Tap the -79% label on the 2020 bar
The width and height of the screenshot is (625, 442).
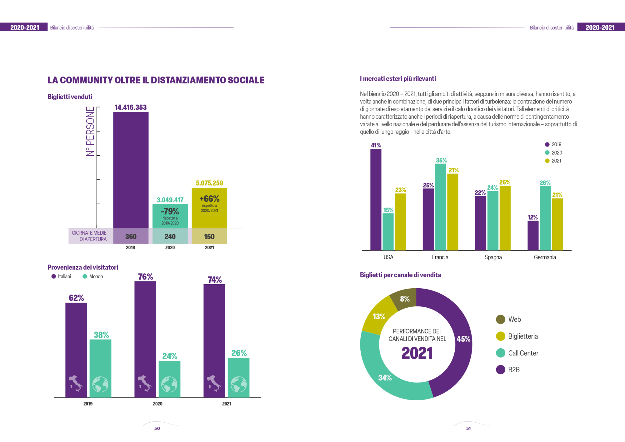coord(170,211)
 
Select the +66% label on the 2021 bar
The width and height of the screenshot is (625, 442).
coord(209,199)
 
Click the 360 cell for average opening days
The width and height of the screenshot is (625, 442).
coord(131,236)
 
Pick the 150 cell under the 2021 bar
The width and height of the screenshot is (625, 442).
coord(209,236)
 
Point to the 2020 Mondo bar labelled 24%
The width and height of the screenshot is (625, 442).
coord(169,372)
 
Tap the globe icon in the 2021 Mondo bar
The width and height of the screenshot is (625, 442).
coord(238,384)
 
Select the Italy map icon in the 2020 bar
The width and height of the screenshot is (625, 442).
coord(145,384)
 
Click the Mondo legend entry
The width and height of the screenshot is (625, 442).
coord(93,276)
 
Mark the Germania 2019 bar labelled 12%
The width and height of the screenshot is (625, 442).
coord(533,236)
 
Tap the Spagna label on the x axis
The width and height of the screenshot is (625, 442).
coord(493,257)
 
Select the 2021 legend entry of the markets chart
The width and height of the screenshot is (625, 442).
coord(553,161)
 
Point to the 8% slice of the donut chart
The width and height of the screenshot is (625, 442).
coord(405,299)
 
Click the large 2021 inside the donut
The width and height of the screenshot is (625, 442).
coord(417,353)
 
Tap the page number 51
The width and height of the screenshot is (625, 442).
coord(468,428)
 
